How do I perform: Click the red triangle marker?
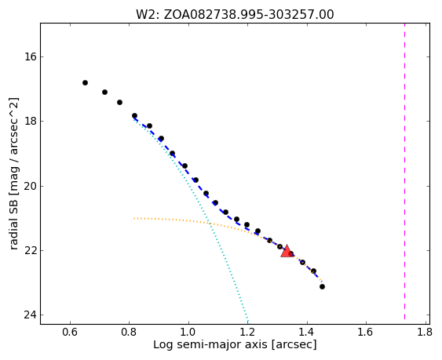point(287,251)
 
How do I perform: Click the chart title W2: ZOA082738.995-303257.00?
point(235,14)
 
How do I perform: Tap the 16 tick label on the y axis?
point(30,57)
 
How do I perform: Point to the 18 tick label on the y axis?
point(30,122)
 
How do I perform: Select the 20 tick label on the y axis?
point(30,186)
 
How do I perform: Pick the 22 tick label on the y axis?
point(30,251)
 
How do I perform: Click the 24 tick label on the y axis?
point(30,315)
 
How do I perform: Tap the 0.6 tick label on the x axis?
point(70,333)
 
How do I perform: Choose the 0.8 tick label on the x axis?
point(129,333)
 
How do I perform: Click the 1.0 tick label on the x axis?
point(188,333)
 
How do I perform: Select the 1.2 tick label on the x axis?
point(247,333)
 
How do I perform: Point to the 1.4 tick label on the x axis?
point(307,333)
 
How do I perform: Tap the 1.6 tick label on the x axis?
point(366,333)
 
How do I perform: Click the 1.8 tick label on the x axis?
point(425,333)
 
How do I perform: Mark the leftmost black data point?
point(85,82)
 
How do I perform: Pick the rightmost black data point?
point(322,287)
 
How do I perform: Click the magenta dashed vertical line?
point(405,171)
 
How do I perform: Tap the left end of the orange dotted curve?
point(134,218)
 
